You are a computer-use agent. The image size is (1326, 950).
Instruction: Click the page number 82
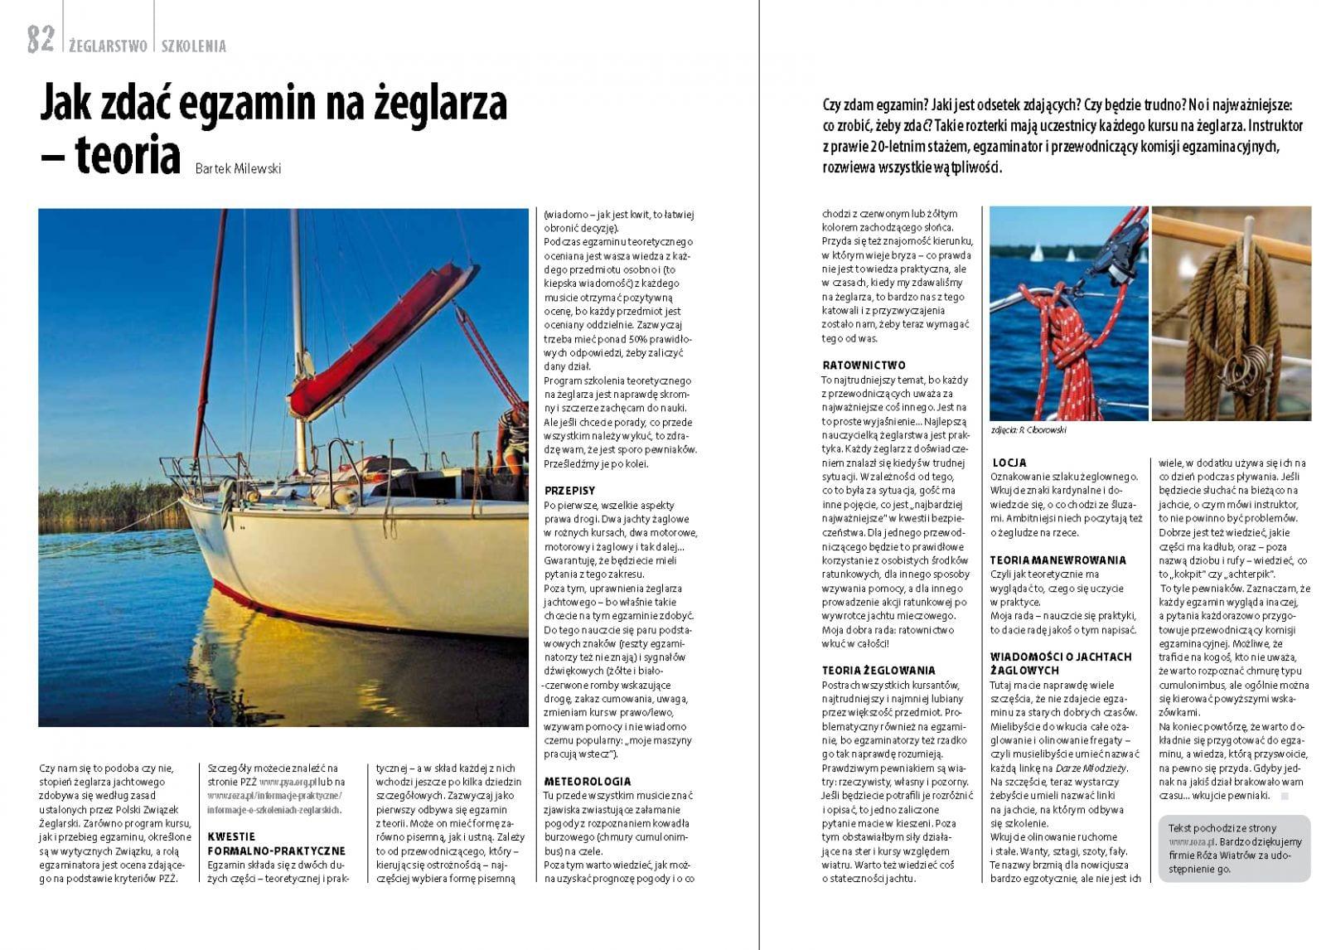point(41,39)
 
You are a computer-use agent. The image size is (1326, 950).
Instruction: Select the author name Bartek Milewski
point(238,169)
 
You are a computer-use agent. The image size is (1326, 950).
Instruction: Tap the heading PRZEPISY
point(569,491)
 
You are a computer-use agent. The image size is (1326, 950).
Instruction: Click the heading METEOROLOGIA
point(587,781)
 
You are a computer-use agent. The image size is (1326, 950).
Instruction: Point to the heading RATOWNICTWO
point(864,365)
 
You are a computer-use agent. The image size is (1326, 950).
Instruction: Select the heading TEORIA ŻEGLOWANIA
point(878,670)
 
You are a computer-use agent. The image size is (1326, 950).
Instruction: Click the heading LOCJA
point(1009,463)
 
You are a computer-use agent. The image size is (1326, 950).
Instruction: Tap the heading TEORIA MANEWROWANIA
point(1057,560)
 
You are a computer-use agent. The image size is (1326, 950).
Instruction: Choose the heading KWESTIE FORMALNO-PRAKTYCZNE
point(276,843)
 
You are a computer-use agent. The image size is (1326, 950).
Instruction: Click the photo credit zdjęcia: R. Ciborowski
point(1028,430)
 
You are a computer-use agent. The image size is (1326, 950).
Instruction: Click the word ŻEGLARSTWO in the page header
point(109,46)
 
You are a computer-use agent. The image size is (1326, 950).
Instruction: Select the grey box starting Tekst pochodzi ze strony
point(1234,848)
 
